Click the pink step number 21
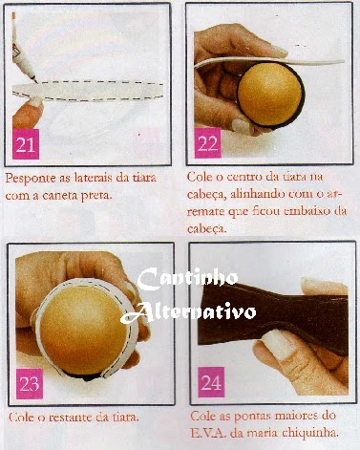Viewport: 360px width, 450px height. tap(26, 144)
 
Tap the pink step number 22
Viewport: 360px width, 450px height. tap(207, 143)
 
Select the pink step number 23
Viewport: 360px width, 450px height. tap(30, 384)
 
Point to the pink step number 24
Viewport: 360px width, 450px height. tap(211, 382)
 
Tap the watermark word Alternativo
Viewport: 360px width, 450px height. tap(188, 311)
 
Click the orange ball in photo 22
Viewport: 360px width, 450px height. tap(270, 94)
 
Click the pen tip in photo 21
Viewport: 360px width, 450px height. tap(36, 81)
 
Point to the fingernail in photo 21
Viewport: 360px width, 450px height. tap(33, 101)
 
